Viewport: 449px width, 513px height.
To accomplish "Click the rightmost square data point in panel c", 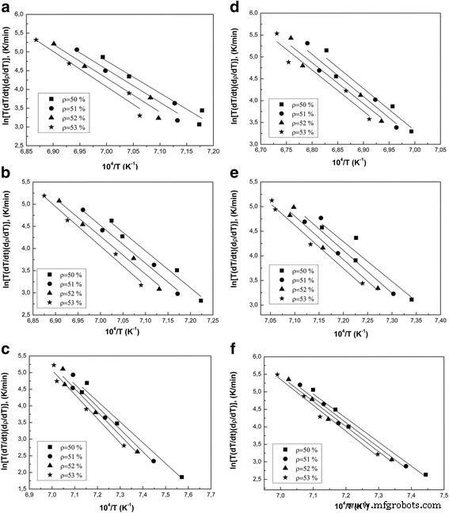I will coord(181,477).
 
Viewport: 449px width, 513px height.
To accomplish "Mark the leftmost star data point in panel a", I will coord(36,40).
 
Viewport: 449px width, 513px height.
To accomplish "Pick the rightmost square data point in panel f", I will coord(425,475).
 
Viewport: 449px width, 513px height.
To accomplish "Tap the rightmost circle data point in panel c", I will coord(153,461).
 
